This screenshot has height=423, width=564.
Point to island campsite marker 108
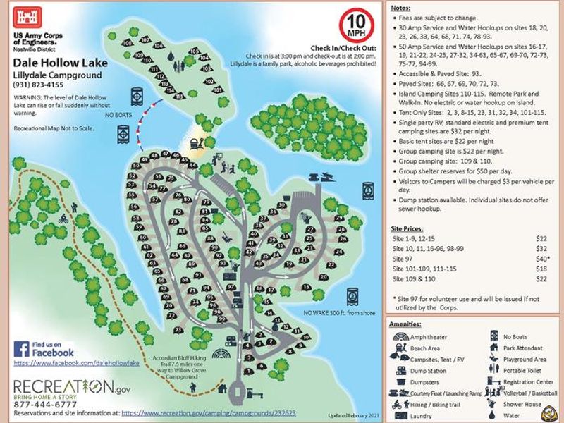128,44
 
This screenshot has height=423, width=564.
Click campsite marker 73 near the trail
179,330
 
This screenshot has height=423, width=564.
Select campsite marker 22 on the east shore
331,265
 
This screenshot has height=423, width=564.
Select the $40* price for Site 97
541,259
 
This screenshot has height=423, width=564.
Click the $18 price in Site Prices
541,269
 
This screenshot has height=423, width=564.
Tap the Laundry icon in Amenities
399,416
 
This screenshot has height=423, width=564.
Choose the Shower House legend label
522,405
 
